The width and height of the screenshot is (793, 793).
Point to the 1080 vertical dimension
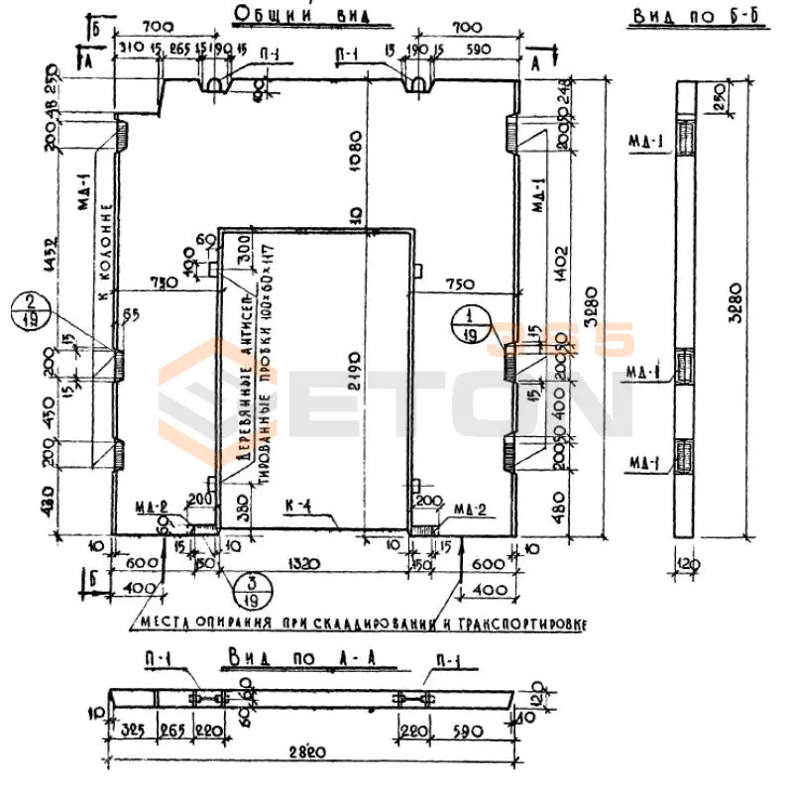click(356, 152)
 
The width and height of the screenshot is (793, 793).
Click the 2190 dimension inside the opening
click(356, 372)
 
